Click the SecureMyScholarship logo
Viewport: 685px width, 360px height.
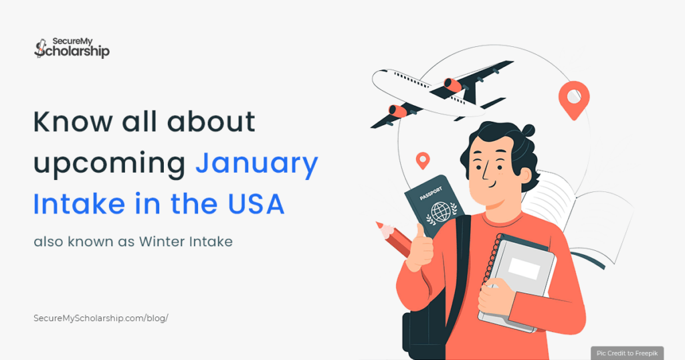click(x=71, y=47)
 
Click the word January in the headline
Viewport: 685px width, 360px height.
click(x=257, y=163)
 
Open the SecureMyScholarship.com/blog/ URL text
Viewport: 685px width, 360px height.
click(x=100, y=318)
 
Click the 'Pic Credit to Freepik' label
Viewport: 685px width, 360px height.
click(x=627, y=352)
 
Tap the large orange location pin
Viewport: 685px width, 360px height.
click(x=573, y=98)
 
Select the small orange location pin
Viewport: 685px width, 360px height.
click(x=422, y=159)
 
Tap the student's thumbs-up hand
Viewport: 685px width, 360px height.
click(x=419, y=246)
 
